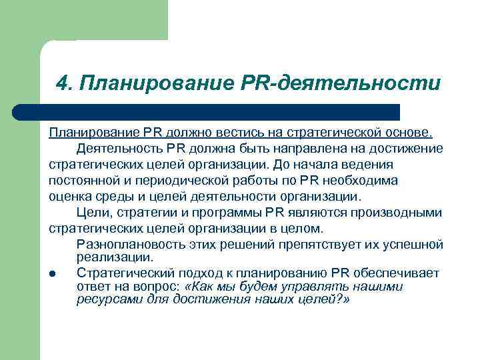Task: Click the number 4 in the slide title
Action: pos(63,83)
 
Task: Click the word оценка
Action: pos(71,197)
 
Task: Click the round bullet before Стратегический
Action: pos(53,274)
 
